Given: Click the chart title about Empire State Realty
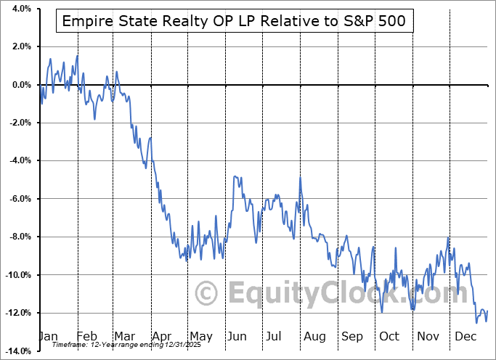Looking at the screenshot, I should pyautogui.click(x=235, y=22).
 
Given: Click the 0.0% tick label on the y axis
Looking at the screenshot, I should pyautogui.click(x=20, y=85).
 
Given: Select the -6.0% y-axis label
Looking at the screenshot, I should pyautogui.click(x=19, y=199).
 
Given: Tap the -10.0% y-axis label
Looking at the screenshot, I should pyautogui.click(x=17, y=275).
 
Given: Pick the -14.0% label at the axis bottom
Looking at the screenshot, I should pyautogui.click(x=17, y=351).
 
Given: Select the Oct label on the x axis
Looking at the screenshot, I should pyautogui.click(x=390, y=336).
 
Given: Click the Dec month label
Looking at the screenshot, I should pyautogui.click(x=465, y=336).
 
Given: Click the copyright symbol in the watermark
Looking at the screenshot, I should pyautogui.click(x=207, y=293).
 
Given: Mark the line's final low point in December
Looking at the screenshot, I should pyautogui.click(x=477, y=322).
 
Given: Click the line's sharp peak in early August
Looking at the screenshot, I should pyautogui.click(x=299, y=177).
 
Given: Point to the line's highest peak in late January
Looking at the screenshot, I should pyautogui.click(x=77, y=56).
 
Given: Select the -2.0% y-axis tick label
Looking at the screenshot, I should pyautogui.click(x=19, y=123).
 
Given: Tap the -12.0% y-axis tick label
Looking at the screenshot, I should pyautogui.click(x=17, y=313).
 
